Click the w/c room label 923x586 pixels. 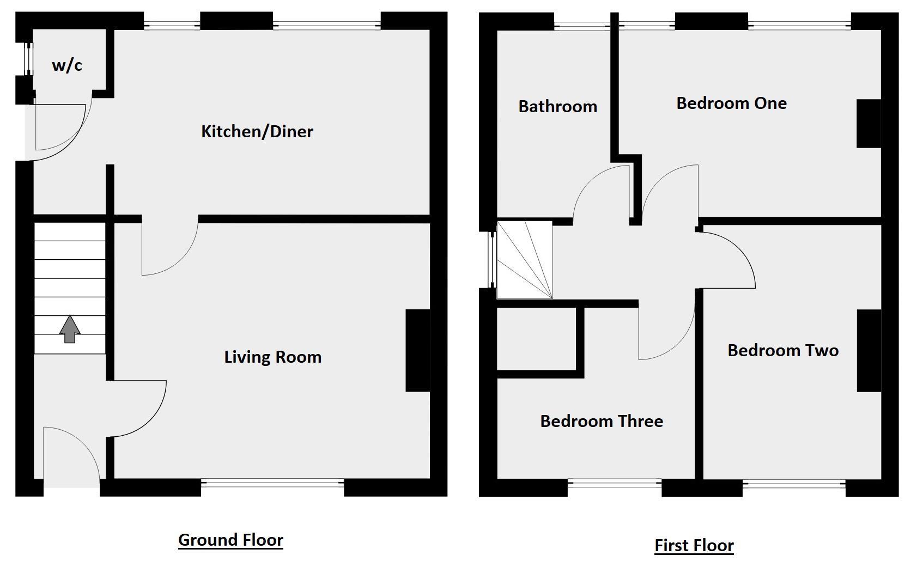(x=67, y=65)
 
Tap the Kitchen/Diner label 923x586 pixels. (x=257, y=131)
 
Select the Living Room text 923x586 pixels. (x=272, y=357)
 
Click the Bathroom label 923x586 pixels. (x=557, y=106)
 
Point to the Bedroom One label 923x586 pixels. (x=731, y=103)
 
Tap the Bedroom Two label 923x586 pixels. (x=782, y=350)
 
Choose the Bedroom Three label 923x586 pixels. (x=602, y=421)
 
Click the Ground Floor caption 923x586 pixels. (x=230, y=540)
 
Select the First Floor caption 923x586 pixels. (x=694, y=545)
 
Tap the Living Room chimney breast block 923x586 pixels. (x=418, y=351)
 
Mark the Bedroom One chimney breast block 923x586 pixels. (x=869, y=124)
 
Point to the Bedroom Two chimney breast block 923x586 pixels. (x=869, y=351)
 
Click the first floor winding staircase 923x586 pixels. (x=525, y=260)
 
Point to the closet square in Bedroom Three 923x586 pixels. (x=537, y=339)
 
